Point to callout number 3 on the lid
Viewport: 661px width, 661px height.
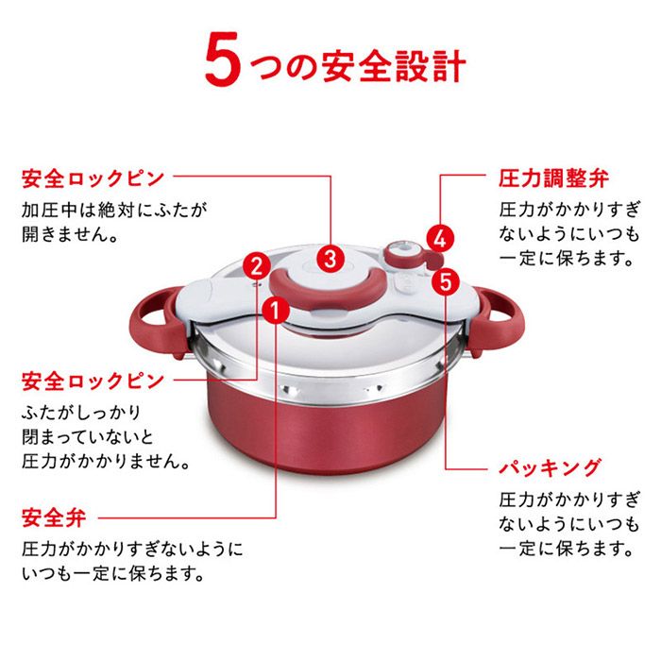tap(329, 256)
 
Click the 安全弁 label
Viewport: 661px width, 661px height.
tap(53, 517)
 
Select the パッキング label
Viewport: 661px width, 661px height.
tap(550, 467)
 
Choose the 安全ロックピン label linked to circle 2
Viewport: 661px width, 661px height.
tap(93, 381)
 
